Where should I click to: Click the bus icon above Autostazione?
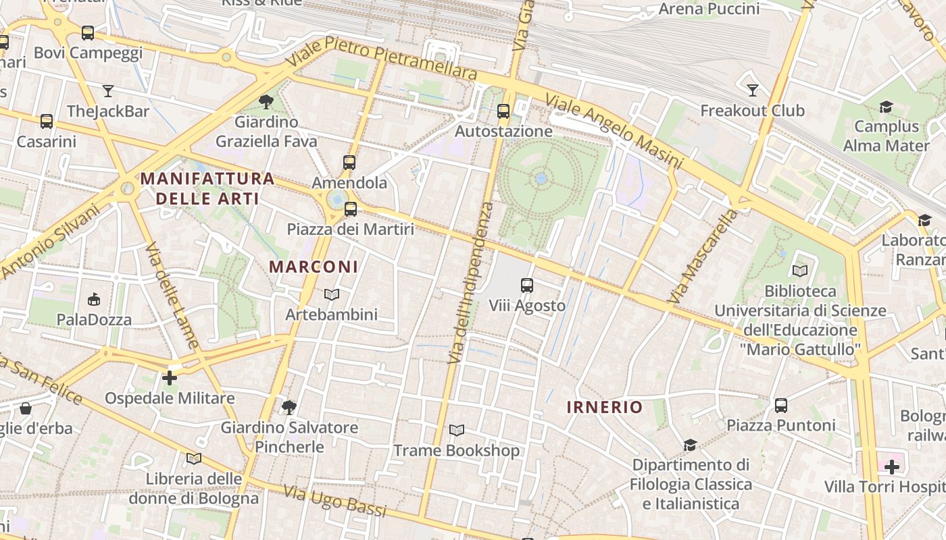[x=503, y=111]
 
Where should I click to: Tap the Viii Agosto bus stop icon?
[x=527, y=286]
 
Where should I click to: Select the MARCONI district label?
[x=314, y=267]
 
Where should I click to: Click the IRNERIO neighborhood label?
[x=604, y=407]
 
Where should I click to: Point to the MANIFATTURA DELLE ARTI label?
[x=207, y=188]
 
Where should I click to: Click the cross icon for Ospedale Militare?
[x=170, y=378]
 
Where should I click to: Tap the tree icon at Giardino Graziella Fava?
[x=266, y=102]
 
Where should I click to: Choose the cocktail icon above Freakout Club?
[x=753, y=90]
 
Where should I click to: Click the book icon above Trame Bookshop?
[x=457, y=430]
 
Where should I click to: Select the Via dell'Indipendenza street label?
[x=472, y=283]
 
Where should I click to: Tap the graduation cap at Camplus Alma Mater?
[x=886, y=107]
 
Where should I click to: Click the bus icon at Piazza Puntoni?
[x=781, y=406]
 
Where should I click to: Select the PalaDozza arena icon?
[x=94, y=299]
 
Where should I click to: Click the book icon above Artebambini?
[x=331, y=294]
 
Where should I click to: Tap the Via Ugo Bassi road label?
[x=334, y=500]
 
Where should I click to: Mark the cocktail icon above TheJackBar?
[x=108, y=91]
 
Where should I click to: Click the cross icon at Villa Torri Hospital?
[x=892, y=466]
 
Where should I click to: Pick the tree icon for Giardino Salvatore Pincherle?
[x=289, y=407]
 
